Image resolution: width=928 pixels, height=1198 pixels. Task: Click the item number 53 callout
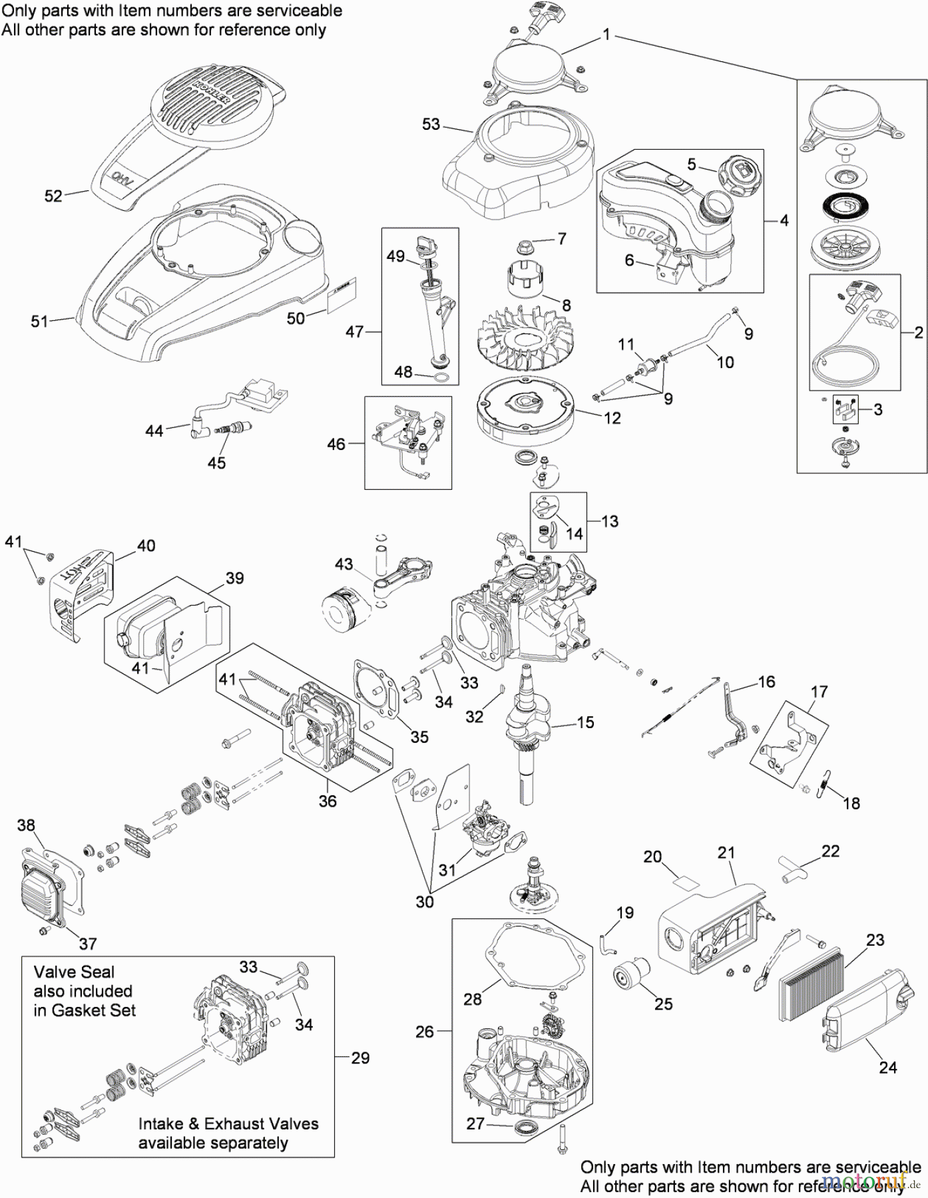point(431,124)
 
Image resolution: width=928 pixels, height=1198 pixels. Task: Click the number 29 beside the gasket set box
point(360,1058)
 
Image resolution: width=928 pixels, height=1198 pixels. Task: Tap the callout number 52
point(53,196)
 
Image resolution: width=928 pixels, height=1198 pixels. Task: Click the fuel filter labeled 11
point(640,369)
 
